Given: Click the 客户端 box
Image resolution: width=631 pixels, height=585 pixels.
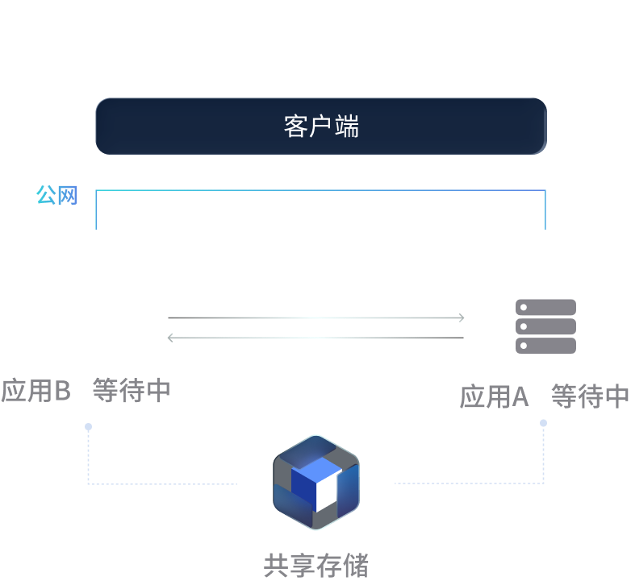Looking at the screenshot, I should tap(321, 126).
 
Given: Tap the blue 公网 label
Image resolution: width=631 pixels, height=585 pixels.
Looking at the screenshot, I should tap(56, 194).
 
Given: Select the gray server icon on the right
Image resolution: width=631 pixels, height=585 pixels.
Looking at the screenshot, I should tap(545, 326).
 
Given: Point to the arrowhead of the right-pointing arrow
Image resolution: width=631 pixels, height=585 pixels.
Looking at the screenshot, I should tap(461, 317).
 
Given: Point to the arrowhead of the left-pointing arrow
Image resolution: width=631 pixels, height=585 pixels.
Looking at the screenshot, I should tap(171, 338).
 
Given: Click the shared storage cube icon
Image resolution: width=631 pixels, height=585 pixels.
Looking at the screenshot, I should tap(315, 482).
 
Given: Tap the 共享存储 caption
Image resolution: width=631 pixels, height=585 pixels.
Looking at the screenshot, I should tap(315, 565).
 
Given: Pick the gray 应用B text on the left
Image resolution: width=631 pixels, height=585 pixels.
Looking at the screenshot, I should tap(36, 391).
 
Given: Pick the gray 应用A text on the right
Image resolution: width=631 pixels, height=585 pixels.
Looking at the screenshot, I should tap(494, 396).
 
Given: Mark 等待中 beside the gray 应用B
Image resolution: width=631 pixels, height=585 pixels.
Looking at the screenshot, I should tap(132, 391).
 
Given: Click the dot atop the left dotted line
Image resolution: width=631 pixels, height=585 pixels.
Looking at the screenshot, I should tap(88, 426).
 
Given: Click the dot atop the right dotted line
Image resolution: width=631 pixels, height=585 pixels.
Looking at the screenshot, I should tap(544, 422).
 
